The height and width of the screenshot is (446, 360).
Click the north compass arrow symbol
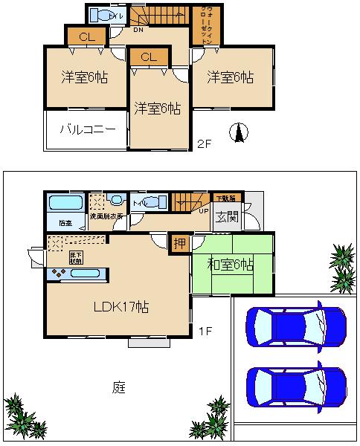click(x=240, y=132)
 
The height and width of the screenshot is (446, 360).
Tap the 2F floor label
click(x=205, y=143)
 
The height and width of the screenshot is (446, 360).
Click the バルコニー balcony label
click(x=88, y=129)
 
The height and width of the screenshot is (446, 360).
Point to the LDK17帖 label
click(x=120, y=306)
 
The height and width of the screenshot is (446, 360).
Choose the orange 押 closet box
click(x=179, y=243)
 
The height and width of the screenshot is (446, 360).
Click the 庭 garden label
click(x=118, y=387)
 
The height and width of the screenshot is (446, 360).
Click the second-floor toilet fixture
click(x=100, y=15)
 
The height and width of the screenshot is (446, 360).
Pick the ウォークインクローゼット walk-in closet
click(x=205, y=27)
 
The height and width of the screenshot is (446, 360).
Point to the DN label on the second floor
click(x=138, y=31)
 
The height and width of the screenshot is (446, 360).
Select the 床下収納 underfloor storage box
click(x=77, y=258)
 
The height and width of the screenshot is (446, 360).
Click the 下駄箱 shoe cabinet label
click(x=225, y=198)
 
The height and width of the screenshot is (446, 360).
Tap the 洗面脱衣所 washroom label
click(x=107, y=217)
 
